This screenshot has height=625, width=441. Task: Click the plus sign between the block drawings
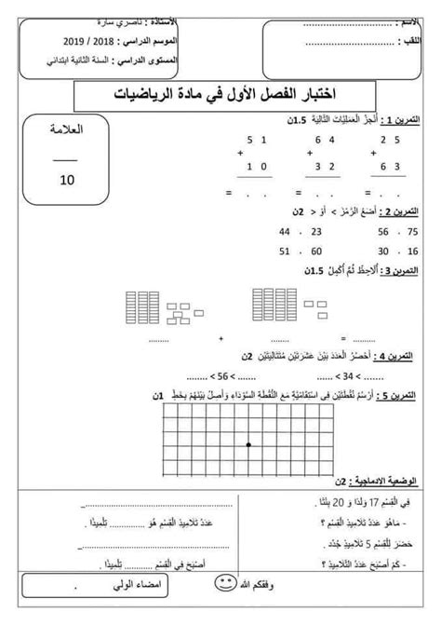pyautogui.click(x=220, y=336)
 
